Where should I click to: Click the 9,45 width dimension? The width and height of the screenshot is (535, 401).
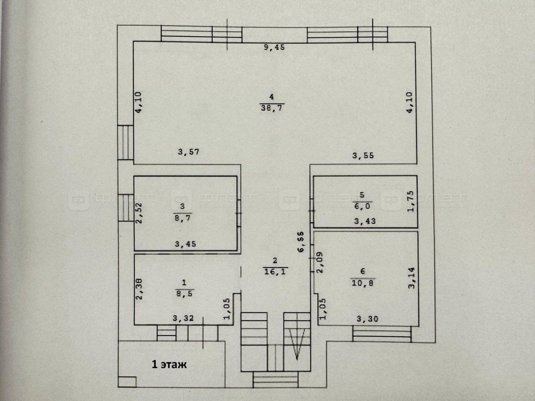pyautogui.click(x=274, y=47)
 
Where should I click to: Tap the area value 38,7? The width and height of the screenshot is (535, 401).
pyautogui.click(x=272, y=108)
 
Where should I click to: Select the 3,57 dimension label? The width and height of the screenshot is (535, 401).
pyautogui.click(x=189, y=152)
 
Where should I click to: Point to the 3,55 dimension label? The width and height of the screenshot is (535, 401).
pyautogui.click(x=363, y=155)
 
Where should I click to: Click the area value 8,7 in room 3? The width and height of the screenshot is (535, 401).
pyautogui.click(x=182, y=218)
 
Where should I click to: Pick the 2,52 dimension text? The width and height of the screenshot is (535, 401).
pyautogui.click(x=139, y=213)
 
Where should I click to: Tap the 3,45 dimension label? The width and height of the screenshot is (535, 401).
pyautogui.click(x=185, y=244)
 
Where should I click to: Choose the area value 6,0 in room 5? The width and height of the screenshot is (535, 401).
pyautogui.click(x=362, y=206)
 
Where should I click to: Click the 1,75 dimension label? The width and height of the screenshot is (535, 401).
pyautogui.click(x=411, y=201)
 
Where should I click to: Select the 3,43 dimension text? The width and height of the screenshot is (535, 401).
pyautogui.click(x=365, y=221)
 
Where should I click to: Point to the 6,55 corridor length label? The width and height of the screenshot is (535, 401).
pyautogui.click(x=301, y=242)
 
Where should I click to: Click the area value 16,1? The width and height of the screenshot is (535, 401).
pyautogui.click(x=275, y=272)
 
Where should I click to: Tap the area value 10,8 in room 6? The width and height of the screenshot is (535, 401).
pyautogui.click(x=362, y=283)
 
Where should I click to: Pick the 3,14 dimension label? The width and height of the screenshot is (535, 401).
pyautogui.click(x=412, y=278)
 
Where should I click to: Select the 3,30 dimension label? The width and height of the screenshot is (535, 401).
pyautogui.click(x=367, y=319)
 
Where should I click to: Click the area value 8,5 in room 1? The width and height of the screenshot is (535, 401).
pyautogui.click(x=184, y=294)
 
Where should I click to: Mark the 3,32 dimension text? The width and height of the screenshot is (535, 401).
pyautogui.click(x=183, y=318)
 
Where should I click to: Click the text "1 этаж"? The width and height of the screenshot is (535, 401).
pyautogui.click(x=169, y=364)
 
